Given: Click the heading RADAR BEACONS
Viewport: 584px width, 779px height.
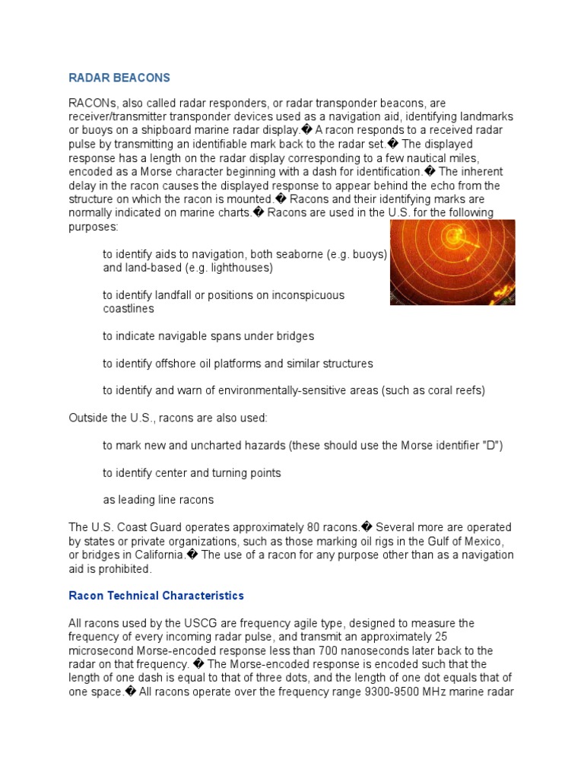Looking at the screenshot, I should (119, 78).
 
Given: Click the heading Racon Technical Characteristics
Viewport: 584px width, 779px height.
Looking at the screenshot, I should (156, 595).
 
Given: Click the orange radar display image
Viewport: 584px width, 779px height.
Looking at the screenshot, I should (452, 262).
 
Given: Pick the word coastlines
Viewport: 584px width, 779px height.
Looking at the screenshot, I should (129, 309).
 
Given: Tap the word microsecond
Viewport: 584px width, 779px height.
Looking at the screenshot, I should (101, 650).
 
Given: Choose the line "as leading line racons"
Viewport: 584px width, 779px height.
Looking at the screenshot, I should (158, 500).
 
